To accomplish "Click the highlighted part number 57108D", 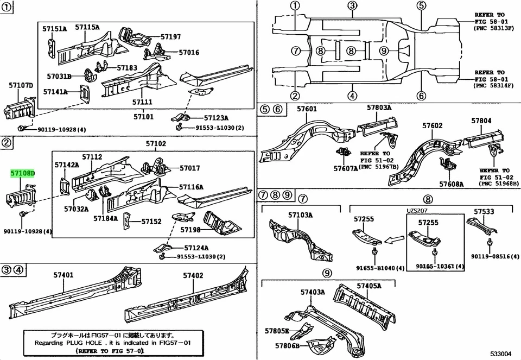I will pyautogui.click(x=23, y=174).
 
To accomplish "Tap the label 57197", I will pyautogui.click(x=171, y=36).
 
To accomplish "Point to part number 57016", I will pyautogui.click(x=189, y=53).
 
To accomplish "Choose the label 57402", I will pyautogui.click(x=193, y=275).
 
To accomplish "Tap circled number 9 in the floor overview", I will pyautogui.click(x=384, y=51).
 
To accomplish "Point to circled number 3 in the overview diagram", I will pyautogui.click(x=352, y=7).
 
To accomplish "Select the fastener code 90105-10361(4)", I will pyautogui.click(x=440, y=267).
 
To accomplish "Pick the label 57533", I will pyautogui.click(x=484, y=212).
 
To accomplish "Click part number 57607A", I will pyautogui.click(x=346, y=168).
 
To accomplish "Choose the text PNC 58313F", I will pyautogui.click(x=493, y=27).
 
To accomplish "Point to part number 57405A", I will pyautogui.click(x=369, y=286).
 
